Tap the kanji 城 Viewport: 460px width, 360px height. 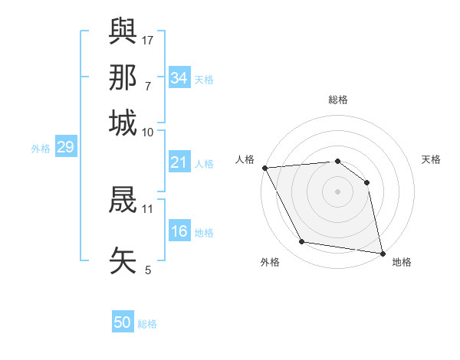pos(123,122)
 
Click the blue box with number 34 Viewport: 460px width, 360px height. pos(179,78)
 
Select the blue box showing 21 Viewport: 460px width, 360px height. pos(179,162)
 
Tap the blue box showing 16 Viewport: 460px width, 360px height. pos(179,231)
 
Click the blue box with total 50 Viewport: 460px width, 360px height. pos(123,322)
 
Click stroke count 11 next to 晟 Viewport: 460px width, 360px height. pos(148,208)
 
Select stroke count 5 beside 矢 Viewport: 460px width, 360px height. pos(148,270)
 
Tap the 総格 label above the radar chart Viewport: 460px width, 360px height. pos(337,100)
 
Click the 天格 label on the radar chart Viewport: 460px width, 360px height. pos(431,160)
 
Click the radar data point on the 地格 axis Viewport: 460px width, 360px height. pos(383,253)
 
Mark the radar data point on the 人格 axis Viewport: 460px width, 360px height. pos(264,168)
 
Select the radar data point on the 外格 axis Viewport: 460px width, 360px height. pos(302,242)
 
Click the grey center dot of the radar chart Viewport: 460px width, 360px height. pos(337,191)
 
